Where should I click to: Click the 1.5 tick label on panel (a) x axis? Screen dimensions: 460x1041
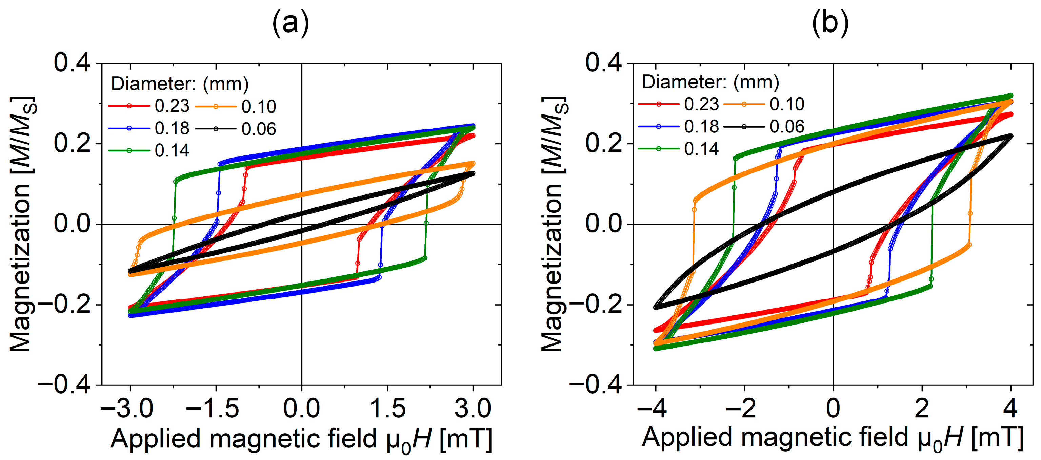[387, 409]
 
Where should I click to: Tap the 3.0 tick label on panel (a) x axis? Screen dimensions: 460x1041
[473, 409]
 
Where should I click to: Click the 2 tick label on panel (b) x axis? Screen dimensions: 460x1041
[922, 409]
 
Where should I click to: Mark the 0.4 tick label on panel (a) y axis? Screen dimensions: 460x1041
[72, 63]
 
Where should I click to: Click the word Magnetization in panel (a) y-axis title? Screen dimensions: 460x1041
[20, 269]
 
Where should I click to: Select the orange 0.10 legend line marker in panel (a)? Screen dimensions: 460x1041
[215, 107]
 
